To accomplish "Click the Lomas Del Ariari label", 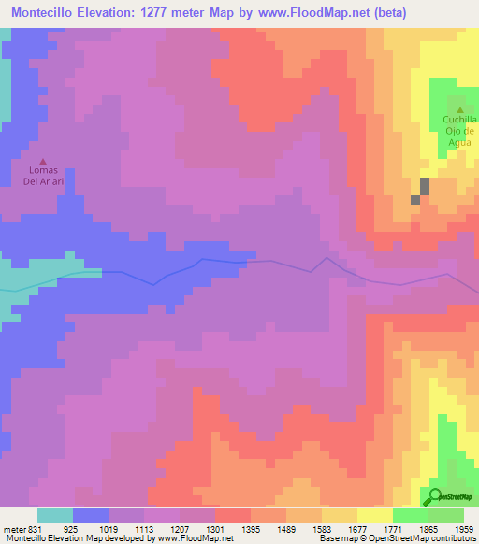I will click(x=43, y=176).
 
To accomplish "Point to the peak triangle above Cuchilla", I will click(x=458, y=110).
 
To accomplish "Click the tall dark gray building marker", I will click(x=425, y=186).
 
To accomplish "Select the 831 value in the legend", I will click(x=35, y=528).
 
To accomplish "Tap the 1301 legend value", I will click(x=215, y=528).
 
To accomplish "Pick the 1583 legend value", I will click(x=321, y=528).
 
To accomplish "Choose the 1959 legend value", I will click(x=464, y=528).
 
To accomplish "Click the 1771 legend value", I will click(x=392, y=528).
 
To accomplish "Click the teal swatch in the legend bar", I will click(x=54, y=515).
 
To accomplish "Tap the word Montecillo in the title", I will click(x=44, y=12).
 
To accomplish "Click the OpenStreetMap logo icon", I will click(x=436, y=495).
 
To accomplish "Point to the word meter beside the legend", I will click(x=14, y=528).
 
